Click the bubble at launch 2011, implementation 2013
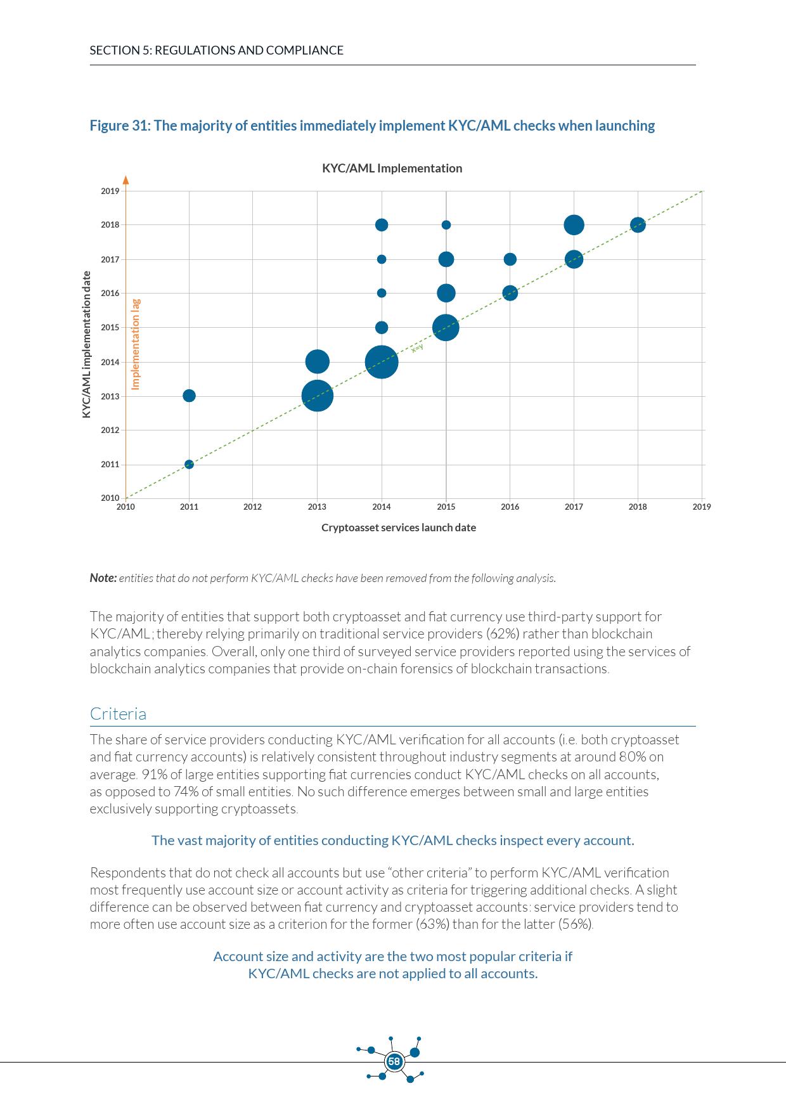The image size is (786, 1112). click(x=189, y=396)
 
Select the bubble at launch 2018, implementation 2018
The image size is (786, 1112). click(x=638, y=225)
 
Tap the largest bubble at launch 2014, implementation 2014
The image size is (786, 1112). click(x=381, y=362)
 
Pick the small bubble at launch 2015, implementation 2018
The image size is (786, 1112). click(x=446, y=225)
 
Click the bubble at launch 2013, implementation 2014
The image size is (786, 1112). click(x=317, y=362)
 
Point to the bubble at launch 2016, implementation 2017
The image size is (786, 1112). click(x=510, y=259)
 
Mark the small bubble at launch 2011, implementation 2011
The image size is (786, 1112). click(x=189, y=465)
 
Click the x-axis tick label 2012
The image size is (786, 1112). click(x=252, y=507)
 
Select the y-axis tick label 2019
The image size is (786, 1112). click(x=110, y=191)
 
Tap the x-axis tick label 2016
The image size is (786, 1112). click(x=510, y=507)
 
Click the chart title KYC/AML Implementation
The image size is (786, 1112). click(x=392, y=169)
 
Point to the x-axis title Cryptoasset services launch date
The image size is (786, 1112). click(x=398, y=528)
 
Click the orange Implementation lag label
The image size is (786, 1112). click(x=136, y=344)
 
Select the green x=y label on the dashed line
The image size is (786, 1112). click(x=416, y=348)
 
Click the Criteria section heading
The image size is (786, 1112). click(x=118, y=714)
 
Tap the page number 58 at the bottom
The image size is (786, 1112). click(x=394, y=1061)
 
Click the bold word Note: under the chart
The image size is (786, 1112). click(x=103, y=578)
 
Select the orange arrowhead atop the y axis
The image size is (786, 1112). click(x=126, y=179)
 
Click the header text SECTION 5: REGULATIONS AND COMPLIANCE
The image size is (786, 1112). click(x=216, y=51)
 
